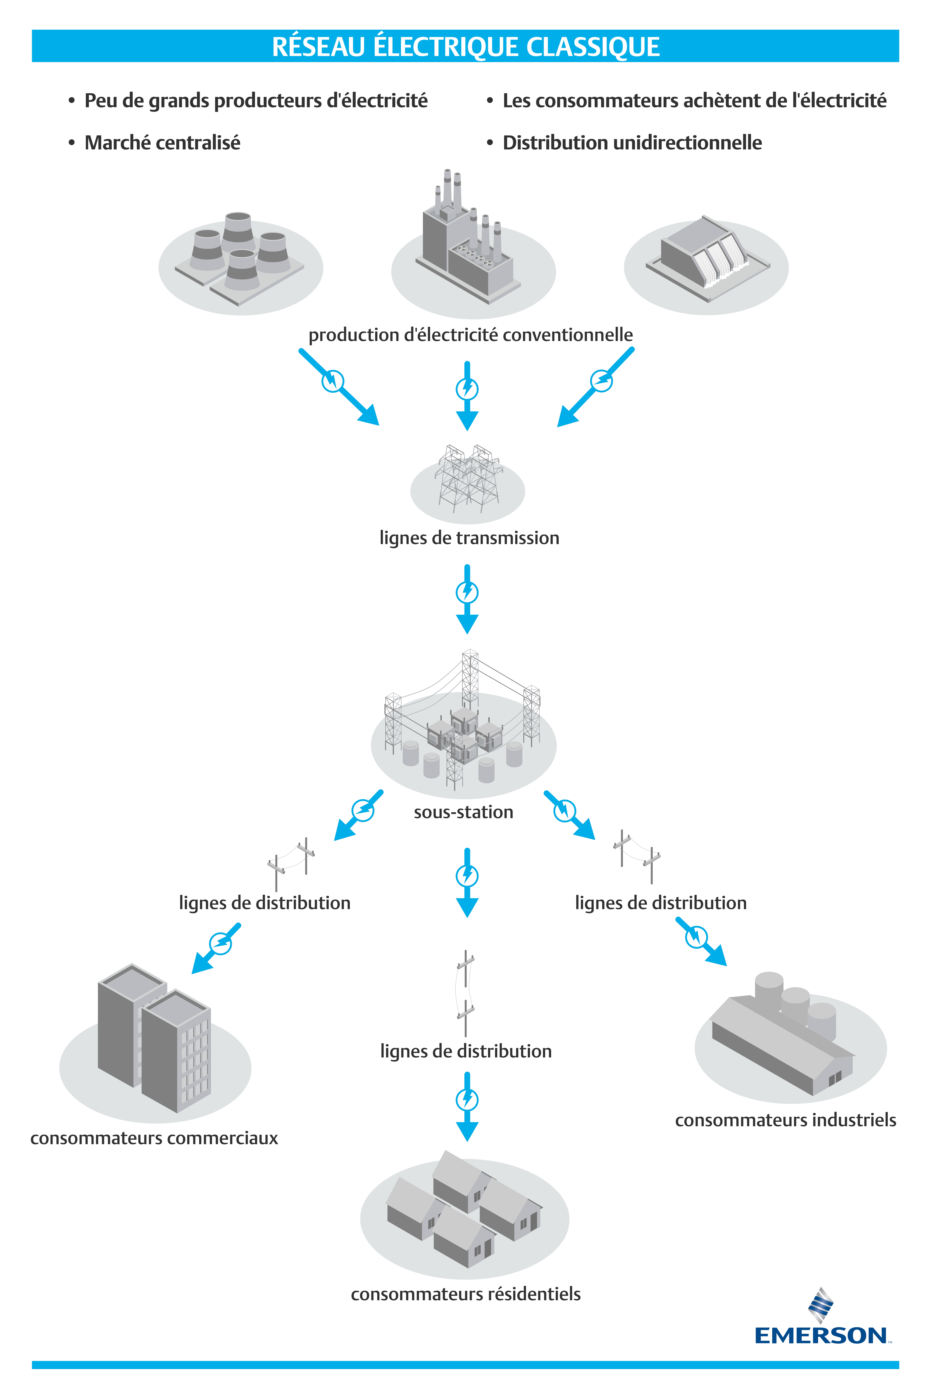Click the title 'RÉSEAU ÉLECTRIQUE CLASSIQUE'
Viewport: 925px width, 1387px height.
pos(465,47)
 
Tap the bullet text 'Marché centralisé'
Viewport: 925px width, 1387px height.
pos(162,143)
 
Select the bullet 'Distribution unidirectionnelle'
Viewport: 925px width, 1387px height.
pos(632,143)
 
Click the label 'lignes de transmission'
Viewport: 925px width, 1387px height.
pos(469,538)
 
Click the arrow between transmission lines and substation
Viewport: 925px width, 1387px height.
pos(467,599)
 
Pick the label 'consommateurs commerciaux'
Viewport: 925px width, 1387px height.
pos(154,1138)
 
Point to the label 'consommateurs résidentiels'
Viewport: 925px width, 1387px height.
pos(465,1294)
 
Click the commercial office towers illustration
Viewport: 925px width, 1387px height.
pos(154,1038)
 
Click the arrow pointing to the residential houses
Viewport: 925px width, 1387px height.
pos(467,1106)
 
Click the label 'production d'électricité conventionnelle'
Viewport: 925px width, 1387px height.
pos(470,335)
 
